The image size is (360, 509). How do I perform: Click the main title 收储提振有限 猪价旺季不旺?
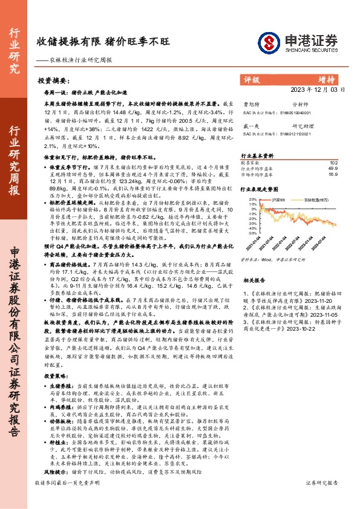102,41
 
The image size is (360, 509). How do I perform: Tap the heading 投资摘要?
53,80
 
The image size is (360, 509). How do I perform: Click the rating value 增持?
327,79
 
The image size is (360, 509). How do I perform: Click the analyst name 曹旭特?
249,105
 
